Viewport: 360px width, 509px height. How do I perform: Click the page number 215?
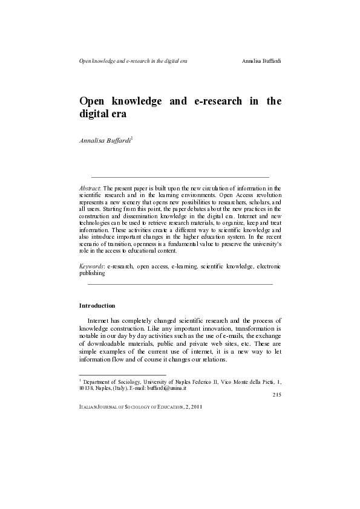click(x=276, y=395)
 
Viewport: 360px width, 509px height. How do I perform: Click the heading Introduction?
click(x=97, y=305)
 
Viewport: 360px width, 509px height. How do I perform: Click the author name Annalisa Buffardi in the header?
click(x=261, y=61)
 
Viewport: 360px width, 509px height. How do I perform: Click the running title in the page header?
click(x=133, y=61)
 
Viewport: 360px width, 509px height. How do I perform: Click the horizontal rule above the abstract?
click(x=180, y=177)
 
